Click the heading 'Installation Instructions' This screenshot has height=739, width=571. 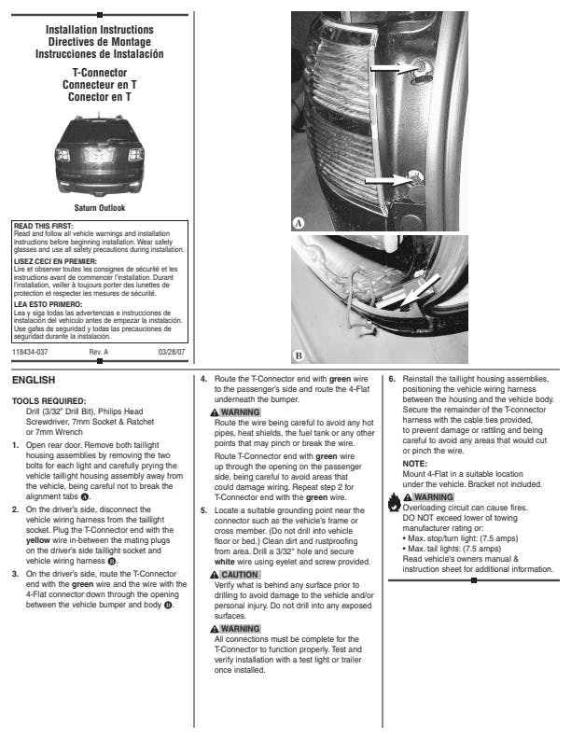[x=99, y=31]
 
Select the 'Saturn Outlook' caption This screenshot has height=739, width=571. [x=99, y=208]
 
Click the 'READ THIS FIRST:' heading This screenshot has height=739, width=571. [x=41, y=226]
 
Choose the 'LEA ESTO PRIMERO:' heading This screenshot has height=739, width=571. [x=48, y=304]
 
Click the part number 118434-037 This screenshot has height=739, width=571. [x=30, y=352]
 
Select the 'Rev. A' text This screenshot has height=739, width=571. [x=99, y=352]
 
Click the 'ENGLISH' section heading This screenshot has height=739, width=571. [x=34, y=381]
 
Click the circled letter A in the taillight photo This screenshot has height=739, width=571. [x=299, y=223]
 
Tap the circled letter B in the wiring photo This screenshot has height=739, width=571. [x=299, y=356]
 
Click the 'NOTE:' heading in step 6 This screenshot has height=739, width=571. [x=415, y=464]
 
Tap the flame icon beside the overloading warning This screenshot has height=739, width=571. [x=396, y=502]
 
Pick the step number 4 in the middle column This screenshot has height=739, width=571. [x=204, y=380]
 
